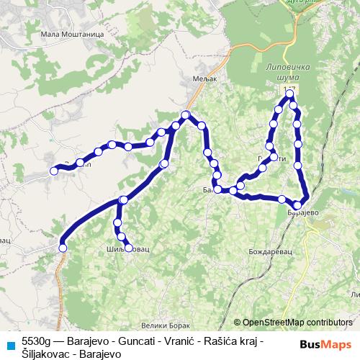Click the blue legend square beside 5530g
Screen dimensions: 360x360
pyautogui.click(x=9, y=344)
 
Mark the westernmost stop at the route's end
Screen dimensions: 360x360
pyautogui.click(x=53, y=171)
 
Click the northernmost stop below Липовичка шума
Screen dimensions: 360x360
pyautogui.click(x=289, y=94)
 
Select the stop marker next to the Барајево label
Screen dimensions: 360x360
pyautogui.click(x=298, y=205)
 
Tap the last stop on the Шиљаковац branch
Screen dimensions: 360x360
pyautogui.click(x=129, y=248)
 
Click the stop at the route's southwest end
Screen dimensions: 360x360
pyautogui.click(x=63, y=248)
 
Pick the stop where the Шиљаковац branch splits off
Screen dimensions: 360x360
pyautogui.click(x=124, y=199)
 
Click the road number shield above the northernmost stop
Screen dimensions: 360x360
pyautogui.click(x=289, y=85)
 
